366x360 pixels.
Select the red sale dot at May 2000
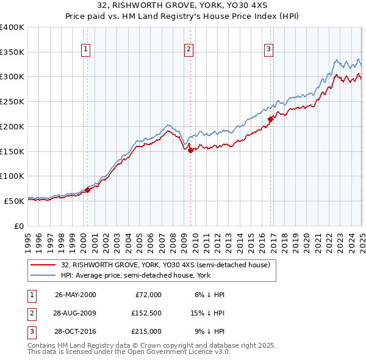(87, 190)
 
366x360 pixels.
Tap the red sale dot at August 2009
(190, 150)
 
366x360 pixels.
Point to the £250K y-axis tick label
(12, 102)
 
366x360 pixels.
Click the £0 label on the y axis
(18, 226)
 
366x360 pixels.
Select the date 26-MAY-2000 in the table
(76, 295)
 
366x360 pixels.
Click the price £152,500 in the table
(145, 313)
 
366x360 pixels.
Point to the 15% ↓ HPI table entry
(207, 313)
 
